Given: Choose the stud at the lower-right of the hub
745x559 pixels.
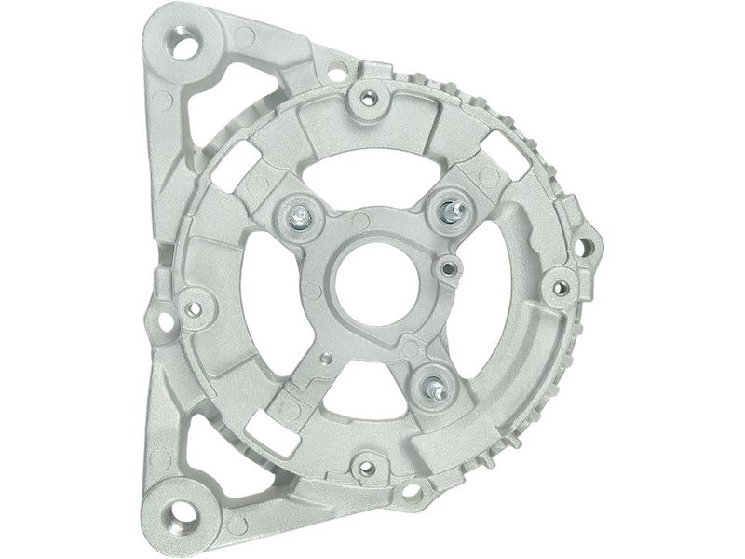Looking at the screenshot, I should click(435, 388).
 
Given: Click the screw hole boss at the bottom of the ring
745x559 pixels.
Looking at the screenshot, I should click(366, 468).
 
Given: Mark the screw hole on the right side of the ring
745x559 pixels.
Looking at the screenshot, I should click(561, 287).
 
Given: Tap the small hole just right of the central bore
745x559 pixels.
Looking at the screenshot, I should click(449, 269).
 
